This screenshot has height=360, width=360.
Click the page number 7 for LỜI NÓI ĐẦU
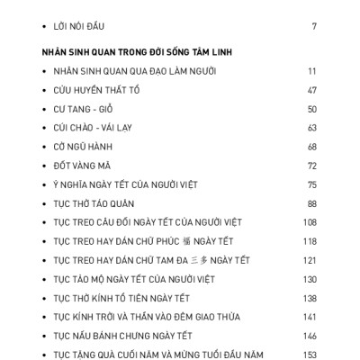(x=314, y=27)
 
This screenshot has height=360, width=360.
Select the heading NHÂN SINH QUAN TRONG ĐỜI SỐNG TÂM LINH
(x=137, y=52)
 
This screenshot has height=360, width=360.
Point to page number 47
(x=311, y=90)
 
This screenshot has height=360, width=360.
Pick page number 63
(x=311, y=128)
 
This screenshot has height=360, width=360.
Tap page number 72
(x=311, y=166)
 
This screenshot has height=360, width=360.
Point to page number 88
(x=311, y=203)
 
